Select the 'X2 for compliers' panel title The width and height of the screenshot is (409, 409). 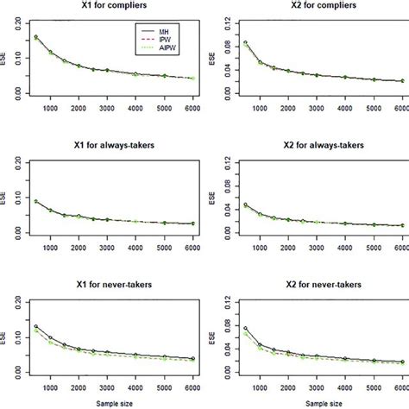click(312, 7)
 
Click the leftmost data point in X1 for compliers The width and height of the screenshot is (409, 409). click(35, 37)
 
